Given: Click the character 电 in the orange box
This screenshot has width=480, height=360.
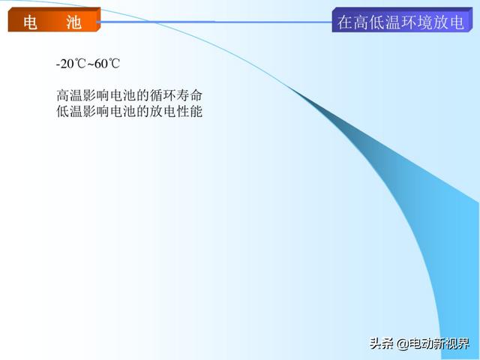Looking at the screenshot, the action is coord(31,22).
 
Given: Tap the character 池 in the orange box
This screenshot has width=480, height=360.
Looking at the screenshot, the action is coord(73,22).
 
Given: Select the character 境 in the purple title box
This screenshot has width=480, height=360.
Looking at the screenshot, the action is coord(425,22).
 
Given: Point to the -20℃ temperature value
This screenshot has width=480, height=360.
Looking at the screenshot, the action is coord(70,64).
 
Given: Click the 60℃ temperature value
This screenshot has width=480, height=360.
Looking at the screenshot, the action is coord(106,64).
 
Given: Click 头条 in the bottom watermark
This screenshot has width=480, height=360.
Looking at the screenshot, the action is coord(382,343).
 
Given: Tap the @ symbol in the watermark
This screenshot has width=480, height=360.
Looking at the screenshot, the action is coord(403,343).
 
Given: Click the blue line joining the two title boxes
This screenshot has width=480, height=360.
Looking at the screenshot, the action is coord(216,22).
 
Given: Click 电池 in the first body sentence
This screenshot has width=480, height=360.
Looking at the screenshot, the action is coord(123,95).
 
